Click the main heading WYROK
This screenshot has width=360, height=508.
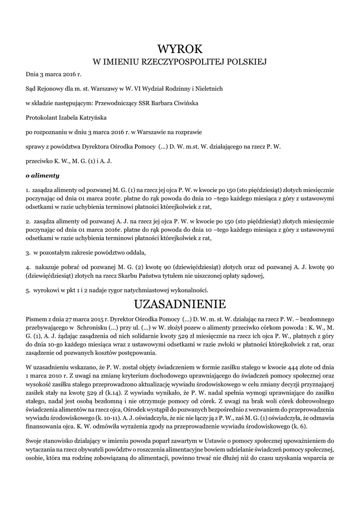tap(180, 49)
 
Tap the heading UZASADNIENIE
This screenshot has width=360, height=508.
tap(180, 303)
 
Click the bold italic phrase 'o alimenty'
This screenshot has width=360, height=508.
tap(42, 175)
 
